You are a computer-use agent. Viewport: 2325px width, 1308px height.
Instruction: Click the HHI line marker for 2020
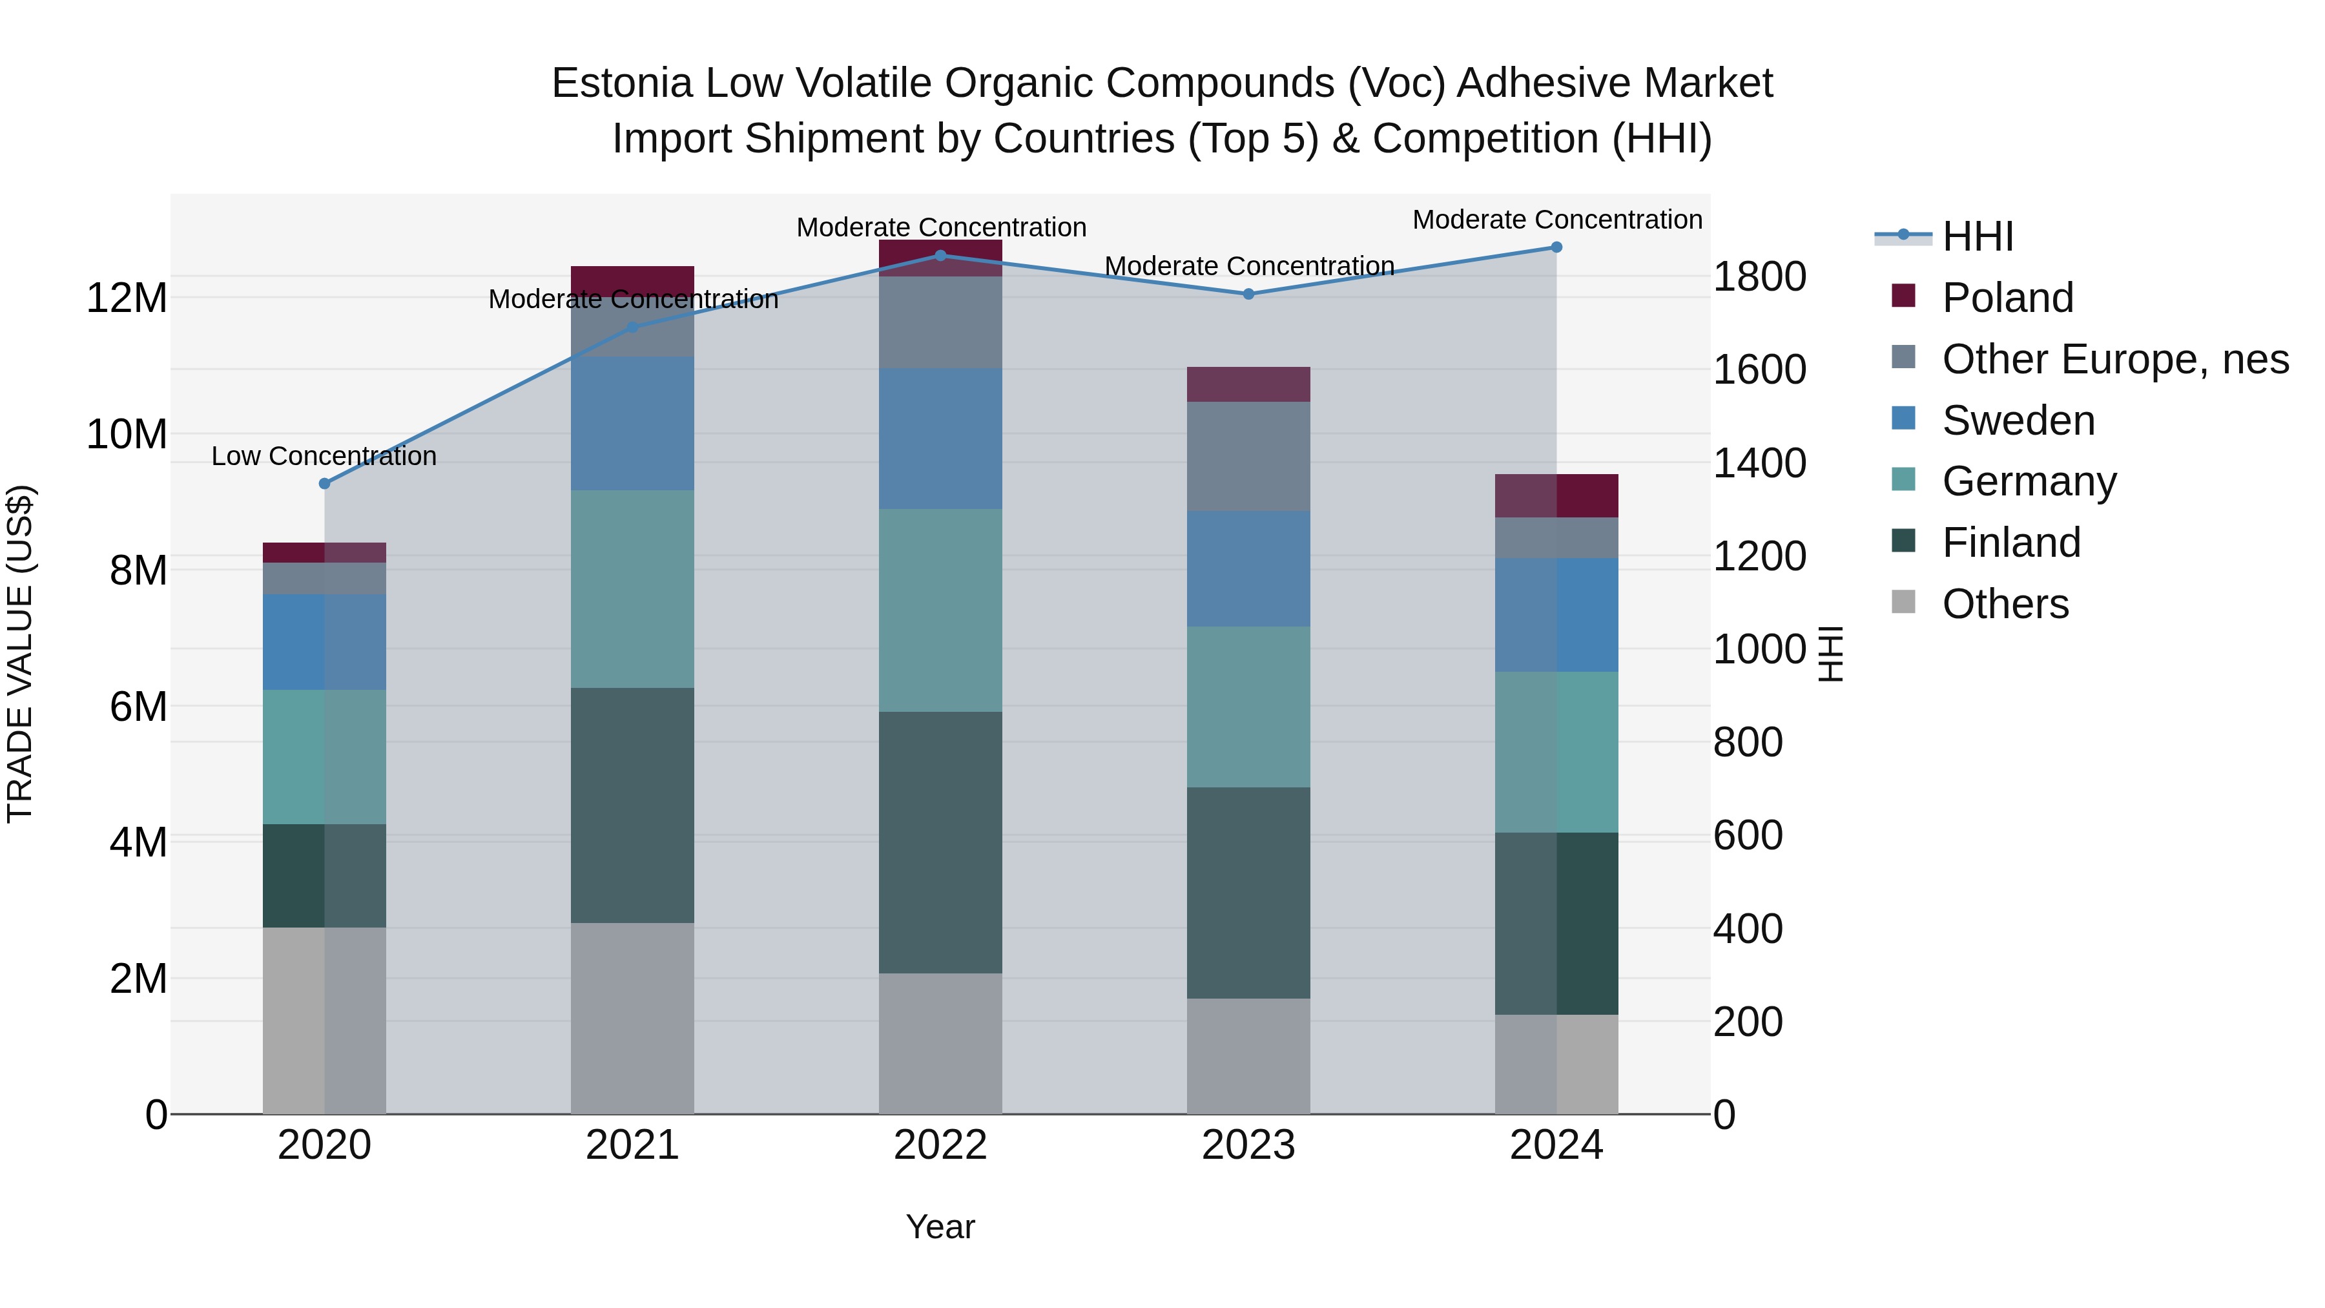(x=325, y=484)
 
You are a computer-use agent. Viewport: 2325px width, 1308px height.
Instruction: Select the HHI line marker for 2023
(x=1248, y=295)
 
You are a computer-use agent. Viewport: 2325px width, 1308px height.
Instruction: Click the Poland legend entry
(x=2007, y=298)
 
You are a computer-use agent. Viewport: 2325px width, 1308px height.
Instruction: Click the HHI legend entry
(x=1977, y=236)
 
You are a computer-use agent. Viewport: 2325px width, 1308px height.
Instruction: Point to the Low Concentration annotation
(x=324, y=456)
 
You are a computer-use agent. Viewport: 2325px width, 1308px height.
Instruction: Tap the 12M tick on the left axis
(x=127, y=298)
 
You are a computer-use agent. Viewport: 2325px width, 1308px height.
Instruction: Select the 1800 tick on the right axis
(x=1758, y=277)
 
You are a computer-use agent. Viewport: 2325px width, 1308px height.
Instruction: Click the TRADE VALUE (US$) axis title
(x=20, y=654)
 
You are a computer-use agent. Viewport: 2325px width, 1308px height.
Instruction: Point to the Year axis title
(x=940, y=1228)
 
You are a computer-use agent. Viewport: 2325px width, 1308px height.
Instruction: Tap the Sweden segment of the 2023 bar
(x=1248, y=568)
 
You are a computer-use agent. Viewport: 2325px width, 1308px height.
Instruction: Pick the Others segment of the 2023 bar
(x=1248, y=1055)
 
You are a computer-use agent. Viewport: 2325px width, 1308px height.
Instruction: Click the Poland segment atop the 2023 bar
(x=1248, y=384)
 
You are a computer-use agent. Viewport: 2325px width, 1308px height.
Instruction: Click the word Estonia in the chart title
(x=622, y=83)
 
